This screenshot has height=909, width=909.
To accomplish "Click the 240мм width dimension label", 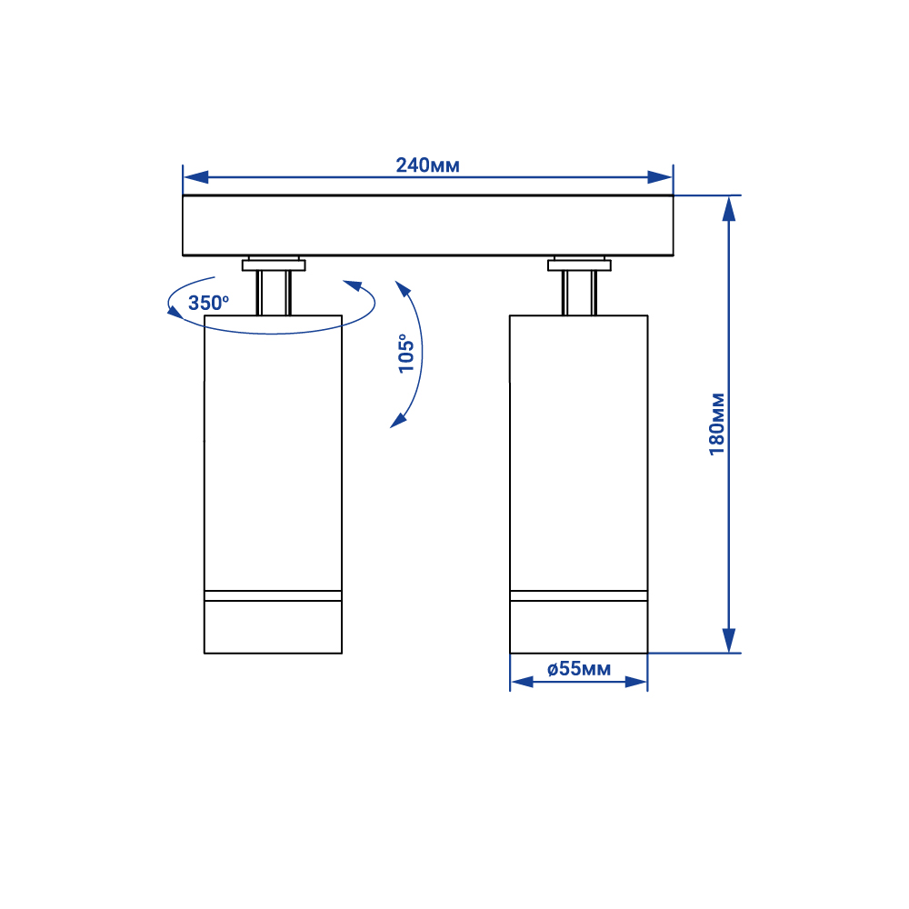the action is click(427, 165).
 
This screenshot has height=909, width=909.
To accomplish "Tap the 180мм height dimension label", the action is click(717, 424).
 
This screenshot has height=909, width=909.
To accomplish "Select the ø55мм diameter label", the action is click(578, 669).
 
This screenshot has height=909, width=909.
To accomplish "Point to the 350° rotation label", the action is click(209, 303).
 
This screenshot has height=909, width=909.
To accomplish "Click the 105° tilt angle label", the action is click(406, 353).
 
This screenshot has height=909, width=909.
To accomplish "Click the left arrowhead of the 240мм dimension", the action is click(196, 177).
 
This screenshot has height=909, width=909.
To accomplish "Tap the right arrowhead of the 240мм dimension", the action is click(660, 177).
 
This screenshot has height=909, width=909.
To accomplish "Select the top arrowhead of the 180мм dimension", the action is click(729, 209).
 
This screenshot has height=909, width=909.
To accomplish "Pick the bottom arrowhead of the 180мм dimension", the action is click(729, 641).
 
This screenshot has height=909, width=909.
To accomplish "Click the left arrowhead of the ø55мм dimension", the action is click(522, 682).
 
